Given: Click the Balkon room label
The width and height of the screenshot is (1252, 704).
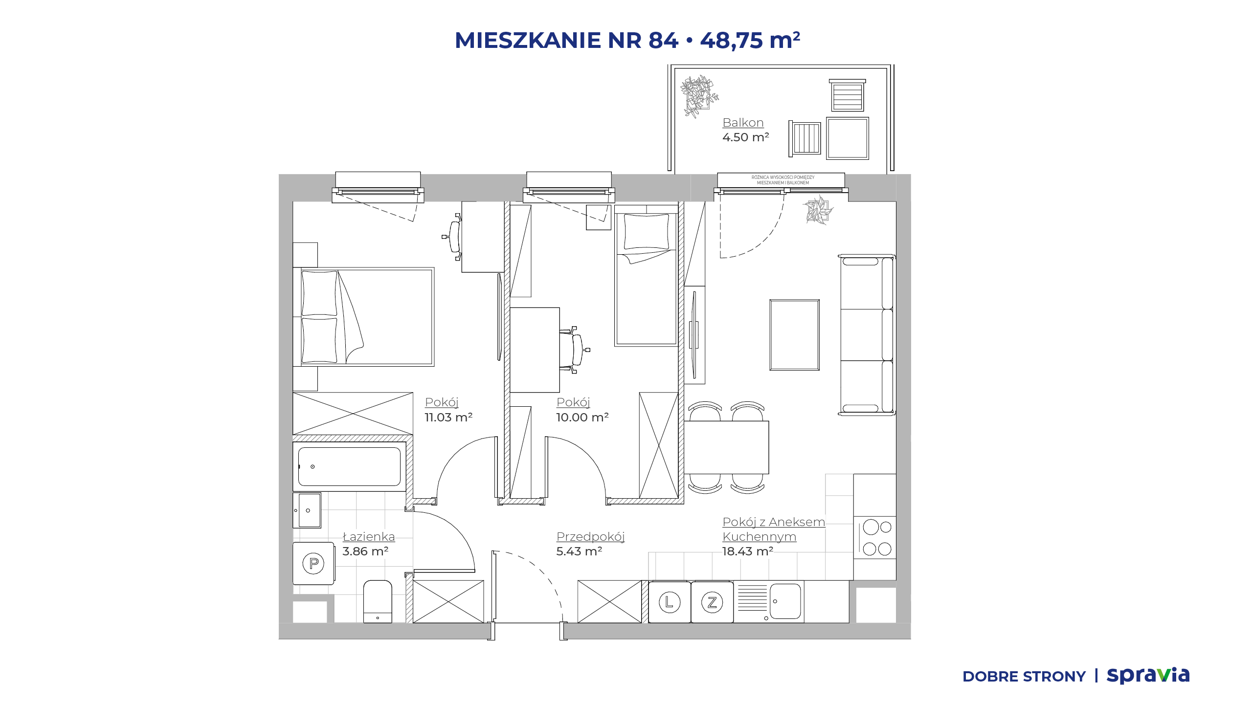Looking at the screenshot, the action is coord(743,123).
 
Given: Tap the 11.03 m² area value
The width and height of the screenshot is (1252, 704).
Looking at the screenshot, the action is coord(448,418).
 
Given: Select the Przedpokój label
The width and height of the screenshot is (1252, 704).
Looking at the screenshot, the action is coord(591,537).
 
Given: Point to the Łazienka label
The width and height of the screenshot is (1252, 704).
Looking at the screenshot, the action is coord(369,536).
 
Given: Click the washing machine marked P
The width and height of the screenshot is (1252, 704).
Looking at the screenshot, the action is coord(313,563).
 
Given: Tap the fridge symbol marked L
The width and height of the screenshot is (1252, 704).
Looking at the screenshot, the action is coord(670,602).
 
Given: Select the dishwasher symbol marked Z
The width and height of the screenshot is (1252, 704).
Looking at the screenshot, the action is coord(712,602).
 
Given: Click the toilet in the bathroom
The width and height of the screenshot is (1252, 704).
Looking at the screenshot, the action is coord(378,601).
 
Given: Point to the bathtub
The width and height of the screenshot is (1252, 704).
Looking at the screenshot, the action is coord(349,466).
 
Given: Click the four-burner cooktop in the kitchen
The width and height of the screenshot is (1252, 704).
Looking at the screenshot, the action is coord(875,538).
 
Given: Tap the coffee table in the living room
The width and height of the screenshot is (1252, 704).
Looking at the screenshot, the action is coord(794,335).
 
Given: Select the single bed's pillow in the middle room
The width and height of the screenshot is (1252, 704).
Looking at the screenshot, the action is coord(646,232).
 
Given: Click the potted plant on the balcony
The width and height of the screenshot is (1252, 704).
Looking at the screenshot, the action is coord(699,96).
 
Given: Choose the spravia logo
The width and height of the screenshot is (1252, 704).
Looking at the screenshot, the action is coord(1148,675).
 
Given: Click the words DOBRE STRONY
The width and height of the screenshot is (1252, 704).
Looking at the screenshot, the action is coord(1024,677).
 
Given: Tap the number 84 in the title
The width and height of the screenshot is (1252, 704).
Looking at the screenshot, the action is coord(663,40).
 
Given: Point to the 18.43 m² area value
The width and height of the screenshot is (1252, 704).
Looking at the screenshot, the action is coord(748,551).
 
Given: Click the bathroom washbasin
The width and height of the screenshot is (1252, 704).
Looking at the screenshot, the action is coord(307,510).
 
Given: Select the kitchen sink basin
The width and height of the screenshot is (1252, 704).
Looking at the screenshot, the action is coord(785,601).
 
